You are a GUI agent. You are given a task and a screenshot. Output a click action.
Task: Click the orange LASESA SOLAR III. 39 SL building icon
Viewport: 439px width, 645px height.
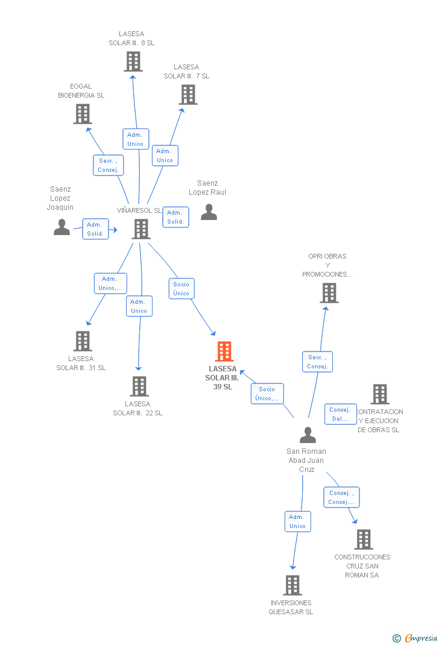[x=224, y=351]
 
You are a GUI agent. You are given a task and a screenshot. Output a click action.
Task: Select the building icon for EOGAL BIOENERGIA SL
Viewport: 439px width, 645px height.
[x=83, y=114]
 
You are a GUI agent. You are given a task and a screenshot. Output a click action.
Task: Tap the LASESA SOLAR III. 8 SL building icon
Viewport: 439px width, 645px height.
[x=133, y=61]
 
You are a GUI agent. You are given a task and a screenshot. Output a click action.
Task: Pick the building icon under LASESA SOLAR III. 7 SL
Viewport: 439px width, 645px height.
[x=188, y=95]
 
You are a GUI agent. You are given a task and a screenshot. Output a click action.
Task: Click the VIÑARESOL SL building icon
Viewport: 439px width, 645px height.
[x=141, y=229]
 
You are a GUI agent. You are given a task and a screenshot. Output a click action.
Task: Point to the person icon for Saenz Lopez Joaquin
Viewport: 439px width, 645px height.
[x=62, y=227]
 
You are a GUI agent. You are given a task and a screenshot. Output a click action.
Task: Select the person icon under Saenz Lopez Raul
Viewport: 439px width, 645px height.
[x=209, y=212]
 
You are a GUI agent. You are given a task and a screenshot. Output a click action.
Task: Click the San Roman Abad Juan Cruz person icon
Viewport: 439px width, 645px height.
[x=308, y=435]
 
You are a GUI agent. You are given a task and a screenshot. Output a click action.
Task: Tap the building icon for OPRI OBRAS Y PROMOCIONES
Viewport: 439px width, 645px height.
[x=329, y=293]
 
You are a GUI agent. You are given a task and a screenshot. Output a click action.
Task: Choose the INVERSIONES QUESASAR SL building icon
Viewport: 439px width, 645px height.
[x=292, y=585]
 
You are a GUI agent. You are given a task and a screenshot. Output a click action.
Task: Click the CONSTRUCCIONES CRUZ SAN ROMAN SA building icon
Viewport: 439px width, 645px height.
[x=364, y=540]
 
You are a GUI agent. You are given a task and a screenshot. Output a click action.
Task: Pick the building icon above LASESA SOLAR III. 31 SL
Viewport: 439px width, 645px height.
[x=83, y=341]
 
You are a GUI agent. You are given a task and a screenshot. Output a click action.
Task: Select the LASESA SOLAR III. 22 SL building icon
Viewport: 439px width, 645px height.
[x=139, y=386]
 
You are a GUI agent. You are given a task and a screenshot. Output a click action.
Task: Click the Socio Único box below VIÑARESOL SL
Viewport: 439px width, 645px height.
[x=182, y=289]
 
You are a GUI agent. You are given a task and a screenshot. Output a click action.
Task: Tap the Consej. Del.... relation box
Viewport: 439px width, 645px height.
[x=340, y=414]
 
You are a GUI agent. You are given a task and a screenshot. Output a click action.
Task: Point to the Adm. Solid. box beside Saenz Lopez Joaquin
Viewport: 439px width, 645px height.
[x=95, y=229]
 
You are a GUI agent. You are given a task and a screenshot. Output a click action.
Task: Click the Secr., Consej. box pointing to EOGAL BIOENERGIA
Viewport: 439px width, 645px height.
[x=108, y=165]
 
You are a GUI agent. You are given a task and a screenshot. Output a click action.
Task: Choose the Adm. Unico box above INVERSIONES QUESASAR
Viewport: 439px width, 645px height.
[x=298, y=521]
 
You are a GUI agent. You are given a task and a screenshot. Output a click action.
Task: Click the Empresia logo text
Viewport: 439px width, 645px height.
[x=421, y=638]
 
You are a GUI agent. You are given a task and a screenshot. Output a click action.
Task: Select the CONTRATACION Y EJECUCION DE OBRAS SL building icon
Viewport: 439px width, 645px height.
[x=380, y=394]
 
